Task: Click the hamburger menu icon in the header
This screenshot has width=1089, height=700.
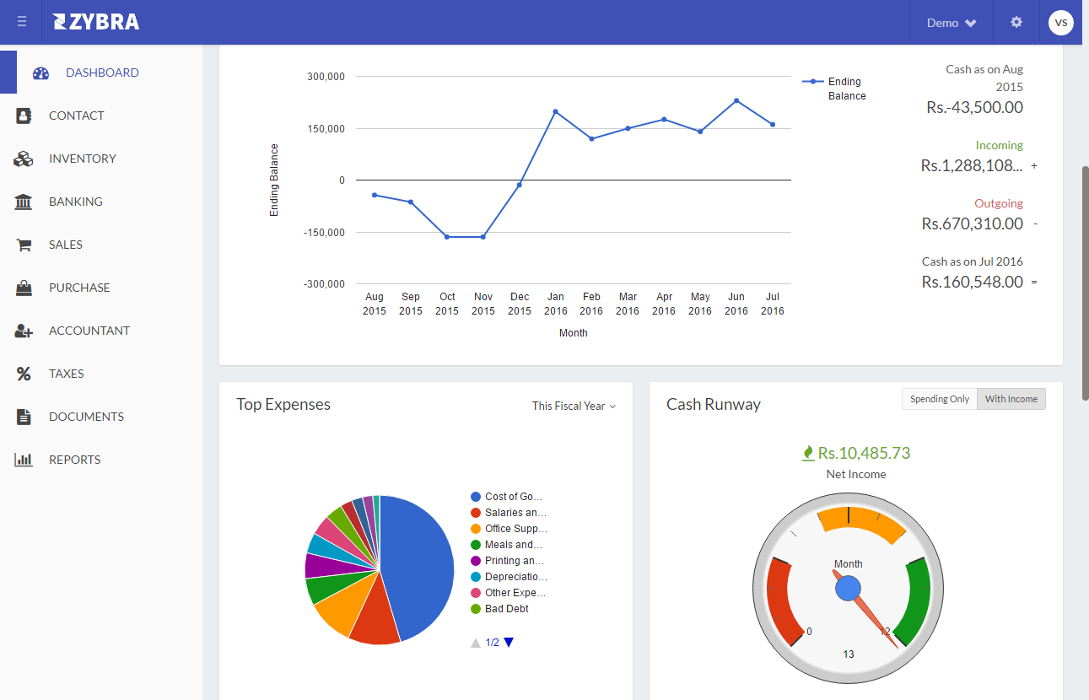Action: click(21, 22)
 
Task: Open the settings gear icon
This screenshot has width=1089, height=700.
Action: click(1016, 22)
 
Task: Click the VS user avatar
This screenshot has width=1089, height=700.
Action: click(1061, 23)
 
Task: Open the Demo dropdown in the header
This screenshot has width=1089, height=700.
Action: click(952, 23)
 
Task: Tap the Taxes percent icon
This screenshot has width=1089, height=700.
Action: click(24, 374)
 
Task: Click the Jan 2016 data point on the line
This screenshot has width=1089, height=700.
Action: click(556, 112)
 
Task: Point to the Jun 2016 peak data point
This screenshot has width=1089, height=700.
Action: click(736, 100)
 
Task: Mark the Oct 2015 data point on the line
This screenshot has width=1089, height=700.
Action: click(447, 237)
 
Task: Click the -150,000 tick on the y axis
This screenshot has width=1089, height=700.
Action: click(324, 233)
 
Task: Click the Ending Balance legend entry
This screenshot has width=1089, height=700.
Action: click(834, 89)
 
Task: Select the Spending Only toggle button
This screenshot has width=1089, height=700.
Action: click(939, 399)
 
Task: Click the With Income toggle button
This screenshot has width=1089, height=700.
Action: click(1011, 399)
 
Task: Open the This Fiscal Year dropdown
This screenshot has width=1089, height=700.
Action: click(574, 406)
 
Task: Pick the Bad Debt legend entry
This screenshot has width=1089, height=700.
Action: click(499, 609)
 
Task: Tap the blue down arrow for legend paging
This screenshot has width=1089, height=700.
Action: click(509, 643)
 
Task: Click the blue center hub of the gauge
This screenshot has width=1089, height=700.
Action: click(848, 588)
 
